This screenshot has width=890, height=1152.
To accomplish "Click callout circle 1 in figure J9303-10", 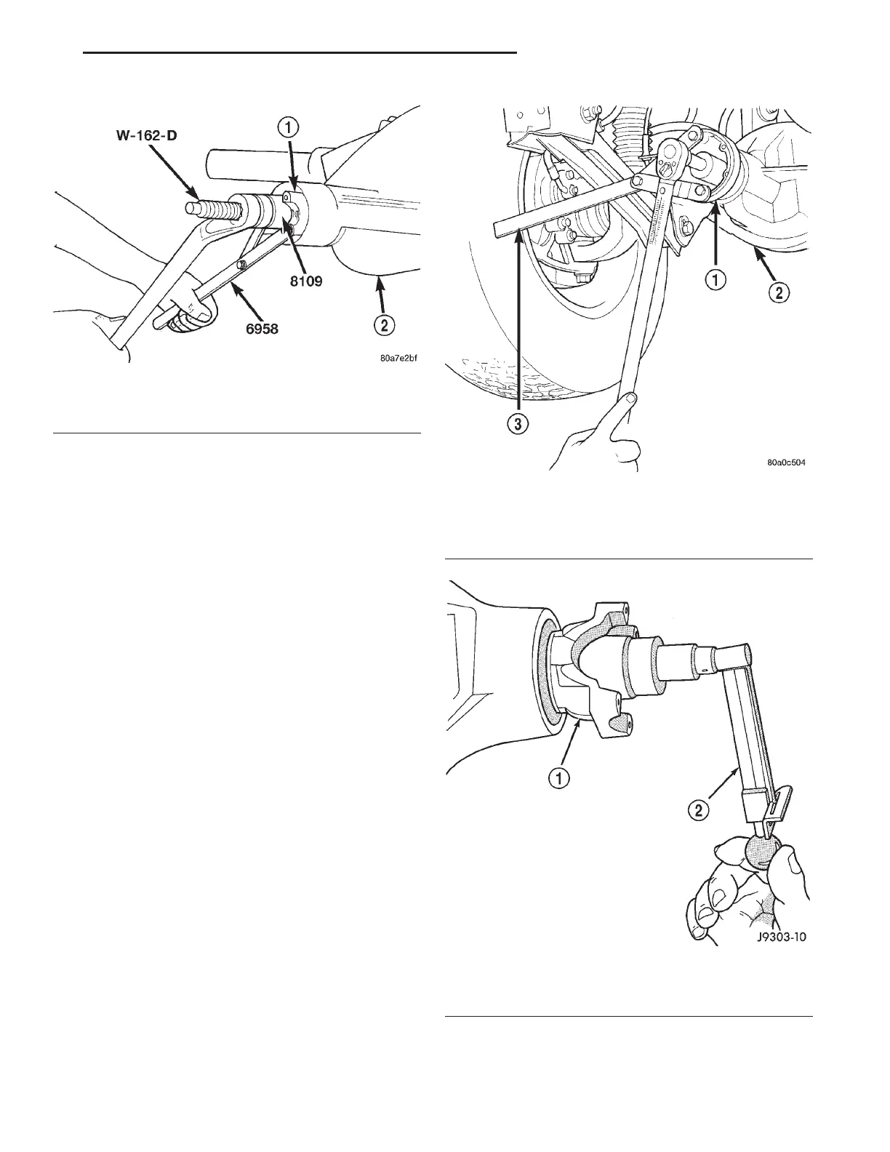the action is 558,779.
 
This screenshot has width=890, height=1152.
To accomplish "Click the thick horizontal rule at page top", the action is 300,52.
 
